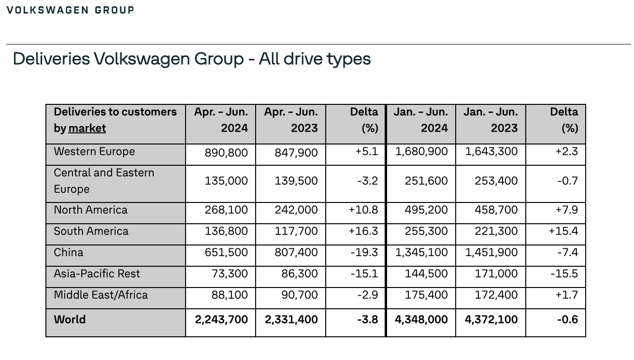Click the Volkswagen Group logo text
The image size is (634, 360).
tap(70, 10)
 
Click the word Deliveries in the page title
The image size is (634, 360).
tap(52, 59)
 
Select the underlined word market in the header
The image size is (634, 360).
tap(87, 129)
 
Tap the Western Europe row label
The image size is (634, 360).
tap(94, 151)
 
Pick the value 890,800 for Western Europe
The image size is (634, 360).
tap(226, 153)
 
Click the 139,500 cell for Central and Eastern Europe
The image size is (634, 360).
tap(296, 181)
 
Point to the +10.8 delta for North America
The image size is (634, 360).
tap(363, 210)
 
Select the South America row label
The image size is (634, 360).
tap(91, 231)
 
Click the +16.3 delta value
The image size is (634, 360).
tap(363, 231)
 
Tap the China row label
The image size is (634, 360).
tap(69, 252)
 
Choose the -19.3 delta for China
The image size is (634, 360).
tap(364, 252)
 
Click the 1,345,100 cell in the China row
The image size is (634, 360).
tap(421, 252)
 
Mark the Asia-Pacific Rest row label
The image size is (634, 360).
tap(97, 274)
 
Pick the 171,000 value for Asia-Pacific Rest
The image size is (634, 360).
tap(496, 274)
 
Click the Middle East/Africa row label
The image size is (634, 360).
tap(101, 295)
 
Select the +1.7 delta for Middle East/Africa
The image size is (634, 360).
tap(567, 295)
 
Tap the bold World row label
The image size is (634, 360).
tap(70, 319)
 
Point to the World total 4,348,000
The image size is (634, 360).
tap(421, 319)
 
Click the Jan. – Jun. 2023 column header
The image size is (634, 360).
tap(490, 120)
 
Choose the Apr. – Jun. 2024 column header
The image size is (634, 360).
tap(221, 120)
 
